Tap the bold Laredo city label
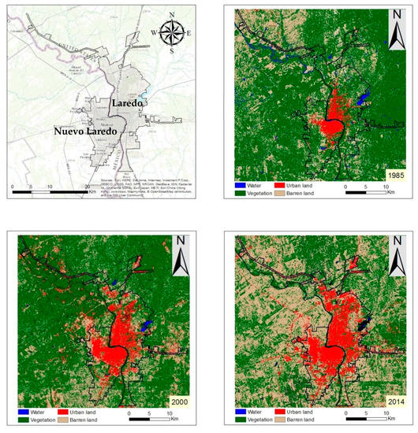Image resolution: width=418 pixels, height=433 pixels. click(x=127, y=103)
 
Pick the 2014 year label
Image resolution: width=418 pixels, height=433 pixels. click(x=392, y=402)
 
